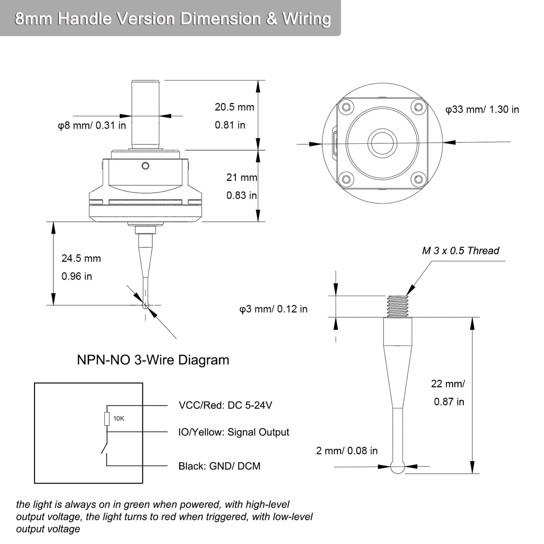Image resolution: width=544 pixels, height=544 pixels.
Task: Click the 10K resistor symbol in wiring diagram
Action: pos(107,419)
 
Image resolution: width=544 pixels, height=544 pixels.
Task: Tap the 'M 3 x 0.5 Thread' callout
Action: pos(460,250)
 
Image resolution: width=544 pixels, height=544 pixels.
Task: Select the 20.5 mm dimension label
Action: pos(234,107)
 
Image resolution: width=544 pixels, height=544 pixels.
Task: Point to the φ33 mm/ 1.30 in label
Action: pos(482,109)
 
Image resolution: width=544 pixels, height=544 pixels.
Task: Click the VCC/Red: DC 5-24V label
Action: pos(225,406)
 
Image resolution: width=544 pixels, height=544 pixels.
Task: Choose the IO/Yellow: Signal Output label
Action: pos(233,432)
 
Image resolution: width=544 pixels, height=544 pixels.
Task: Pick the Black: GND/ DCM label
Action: pos(219,466)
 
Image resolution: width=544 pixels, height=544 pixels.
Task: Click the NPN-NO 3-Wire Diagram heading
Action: pos(153,360)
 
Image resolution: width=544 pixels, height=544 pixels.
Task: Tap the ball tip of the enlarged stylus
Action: pos(397,468)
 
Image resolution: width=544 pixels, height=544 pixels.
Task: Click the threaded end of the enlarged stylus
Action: pos(397,306)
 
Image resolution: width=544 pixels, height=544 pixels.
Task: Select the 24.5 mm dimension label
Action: pos(81,259)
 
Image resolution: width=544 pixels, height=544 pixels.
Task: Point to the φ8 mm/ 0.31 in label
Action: pos(92,125)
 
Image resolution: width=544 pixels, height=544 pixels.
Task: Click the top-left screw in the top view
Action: pos(345,108)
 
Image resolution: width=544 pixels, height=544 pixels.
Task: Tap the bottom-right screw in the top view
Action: pos(418,179)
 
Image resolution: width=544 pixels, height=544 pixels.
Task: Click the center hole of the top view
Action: pos(382,143)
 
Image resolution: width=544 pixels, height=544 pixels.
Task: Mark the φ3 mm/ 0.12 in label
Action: pos(273,309)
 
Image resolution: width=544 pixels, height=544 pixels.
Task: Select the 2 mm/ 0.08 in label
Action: pos(347,451)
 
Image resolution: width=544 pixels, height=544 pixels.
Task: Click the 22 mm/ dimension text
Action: pos(448,384)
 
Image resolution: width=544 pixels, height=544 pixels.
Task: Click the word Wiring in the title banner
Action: pos(307,19)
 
